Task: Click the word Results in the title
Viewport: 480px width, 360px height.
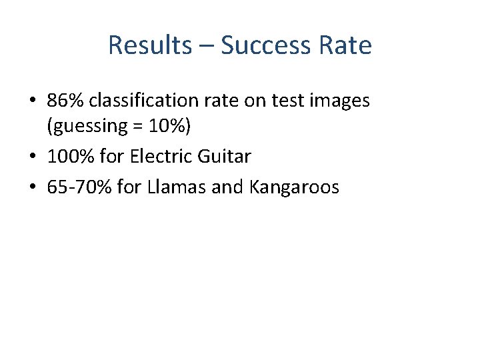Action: [x=149, y=45]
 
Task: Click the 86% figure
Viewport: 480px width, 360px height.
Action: [x=65, y=100]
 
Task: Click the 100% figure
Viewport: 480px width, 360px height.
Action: [x=70, y=157]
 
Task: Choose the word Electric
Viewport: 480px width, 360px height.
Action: [x=161, y=157]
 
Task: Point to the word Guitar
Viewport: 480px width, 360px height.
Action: [x=225, y=157]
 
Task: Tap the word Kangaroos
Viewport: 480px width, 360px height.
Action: [x=294, y=187]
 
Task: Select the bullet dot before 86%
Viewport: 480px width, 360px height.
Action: [x=32, y=101]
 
